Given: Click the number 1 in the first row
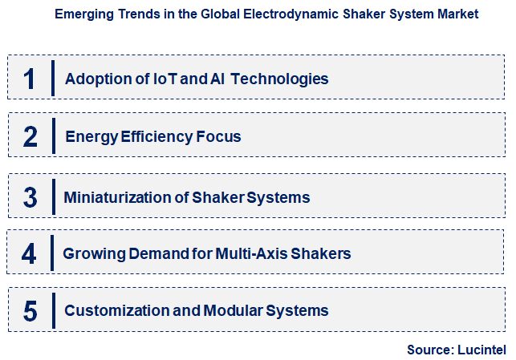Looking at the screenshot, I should point(30,79).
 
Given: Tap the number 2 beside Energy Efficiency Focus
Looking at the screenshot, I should point(30,136).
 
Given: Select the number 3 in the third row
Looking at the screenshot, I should point(30,197).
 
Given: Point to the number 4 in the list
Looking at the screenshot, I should point(30,254).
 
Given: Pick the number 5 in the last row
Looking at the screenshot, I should point(30,311).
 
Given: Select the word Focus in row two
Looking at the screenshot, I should point(219,136).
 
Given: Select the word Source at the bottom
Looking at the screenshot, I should point(429,350).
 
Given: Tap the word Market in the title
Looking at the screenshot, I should point(457,14).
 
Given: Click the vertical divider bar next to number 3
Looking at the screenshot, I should point(53,197).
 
